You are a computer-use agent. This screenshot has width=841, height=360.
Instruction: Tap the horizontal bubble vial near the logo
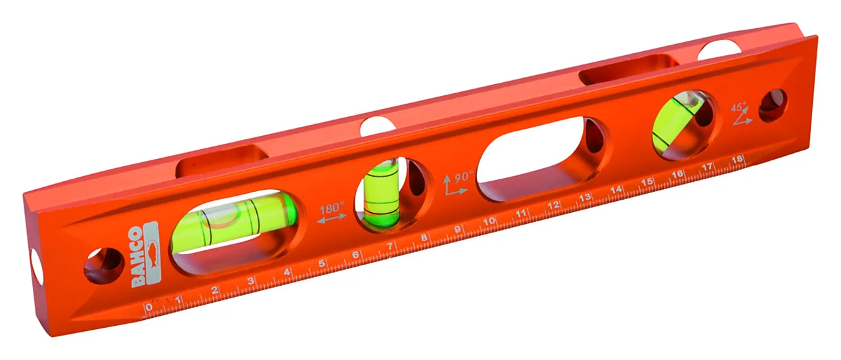tap(233, 223)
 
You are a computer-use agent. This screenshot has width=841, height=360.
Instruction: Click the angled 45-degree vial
tap(677, 125)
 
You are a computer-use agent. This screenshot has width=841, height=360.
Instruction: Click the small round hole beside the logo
tap(103, 265)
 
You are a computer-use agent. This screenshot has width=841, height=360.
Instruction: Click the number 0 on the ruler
tap(149, 307)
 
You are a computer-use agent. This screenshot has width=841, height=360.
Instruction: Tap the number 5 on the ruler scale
tap(322, 264)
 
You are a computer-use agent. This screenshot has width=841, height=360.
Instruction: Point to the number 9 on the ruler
tap(457, 231)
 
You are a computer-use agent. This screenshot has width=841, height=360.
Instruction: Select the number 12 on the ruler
tap(554, 206)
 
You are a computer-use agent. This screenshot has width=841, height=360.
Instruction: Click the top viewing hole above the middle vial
tap(378, 125)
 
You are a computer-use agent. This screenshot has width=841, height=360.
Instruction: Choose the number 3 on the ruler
tap(250, 282)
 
